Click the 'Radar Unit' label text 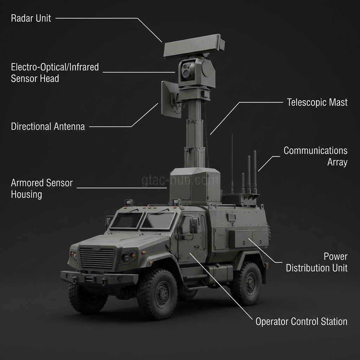[31, 18]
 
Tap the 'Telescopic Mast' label [317, 102]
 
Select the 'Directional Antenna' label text [48, 127]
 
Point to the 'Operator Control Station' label [301, 321]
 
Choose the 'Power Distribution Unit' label [316, 262]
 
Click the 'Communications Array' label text [315, 156]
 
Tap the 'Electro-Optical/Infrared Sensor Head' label [54, 72]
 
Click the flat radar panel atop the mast [193, 46]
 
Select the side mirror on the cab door [193, 226]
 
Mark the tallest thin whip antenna [232, 162]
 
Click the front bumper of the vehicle [99, 278]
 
